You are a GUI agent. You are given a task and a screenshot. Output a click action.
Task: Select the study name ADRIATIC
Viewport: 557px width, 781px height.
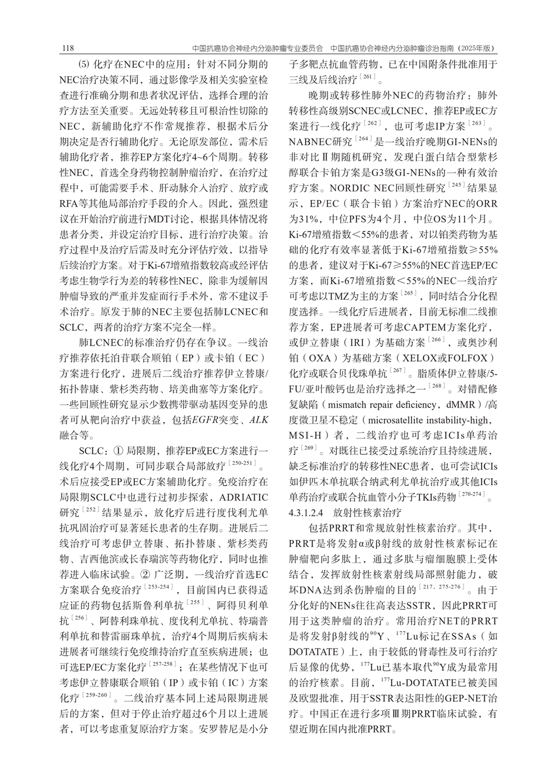pyautogui.click(x=243, y=497)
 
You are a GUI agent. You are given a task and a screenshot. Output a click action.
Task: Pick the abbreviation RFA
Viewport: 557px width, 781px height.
pyautogui.click(x=70, y=204)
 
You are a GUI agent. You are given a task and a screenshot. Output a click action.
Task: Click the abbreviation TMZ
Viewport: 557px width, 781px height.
pyautogui.click(x=338, y=296)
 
